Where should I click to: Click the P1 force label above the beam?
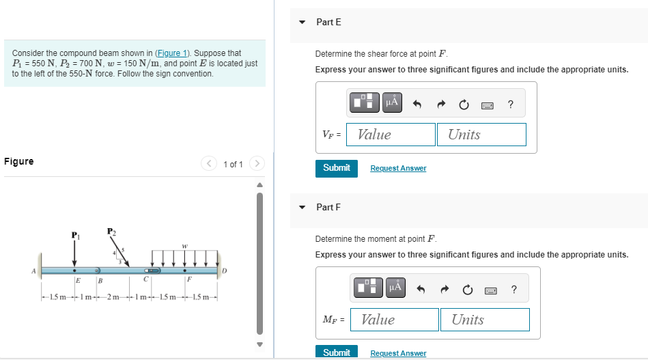75,235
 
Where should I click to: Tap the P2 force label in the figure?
111,232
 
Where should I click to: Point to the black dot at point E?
74,271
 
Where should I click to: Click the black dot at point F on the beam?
185,271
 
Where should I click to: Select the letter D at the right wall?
225,271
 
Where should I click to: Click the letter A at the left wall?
34,271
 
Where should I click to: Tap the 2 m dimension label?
113,296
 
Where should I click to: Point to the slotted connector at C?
152,271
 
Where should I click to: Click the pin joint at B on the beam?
97,271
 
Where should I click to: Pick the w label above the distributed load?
185,246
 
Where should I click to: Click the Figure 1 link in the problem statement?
172,53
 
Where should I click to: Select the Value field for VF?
391,135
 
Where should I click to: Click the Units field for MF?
485,320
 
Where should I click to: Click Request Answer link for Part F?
398,353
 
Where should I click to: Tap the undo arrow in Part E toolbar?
417,105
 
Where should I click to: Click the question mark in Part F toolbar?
513,290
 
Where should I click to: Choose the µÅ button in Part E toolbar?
392,102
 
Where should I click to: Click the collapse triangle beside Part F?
302,208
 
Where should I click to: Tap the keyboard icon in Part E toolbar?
488,106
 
